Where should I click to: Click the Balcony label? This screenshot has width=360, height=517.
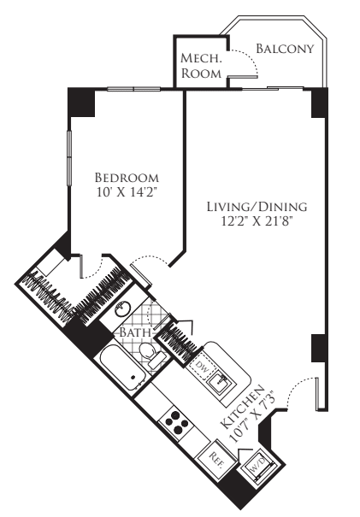(x=285, y=49)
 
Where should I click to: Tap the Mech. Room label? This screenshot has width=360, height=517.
(x=201, y=66)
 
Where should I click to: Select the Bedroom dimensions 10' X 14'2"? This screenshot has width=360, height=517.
(x=127, y=192)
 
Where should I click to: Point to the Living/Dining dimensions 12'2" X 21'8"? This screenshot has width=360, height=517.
(x=257, y=221)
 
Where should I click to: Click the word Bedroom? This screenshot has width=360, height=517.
(x=127, y=178)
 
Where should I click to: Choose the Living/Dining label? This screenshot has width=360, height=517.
(x=257, y=207)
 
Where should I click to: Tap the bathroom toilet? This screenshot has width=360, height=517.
(x=150, y=354)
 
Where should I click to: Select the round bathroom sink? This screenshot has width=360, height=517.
(x=122, y=308)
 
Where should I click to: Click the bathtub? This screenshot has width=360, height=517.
(x=122, y=368)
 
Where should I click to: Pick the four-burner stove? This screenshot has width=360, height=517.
(x=176, y=422)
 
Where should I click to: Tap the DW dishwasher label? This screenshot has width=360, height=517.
(x=202, y=366)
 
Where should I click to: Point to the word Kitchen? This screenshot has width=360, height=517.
(x=242, y=407)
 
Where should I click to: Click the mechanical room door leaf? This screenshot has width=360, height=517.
(x=243, y=77)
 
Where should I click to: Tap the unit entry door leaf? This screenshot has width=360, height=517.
(x=317, y=394)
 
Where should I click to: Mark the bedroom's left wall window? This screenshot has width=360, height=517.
(x=69, y=158)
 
